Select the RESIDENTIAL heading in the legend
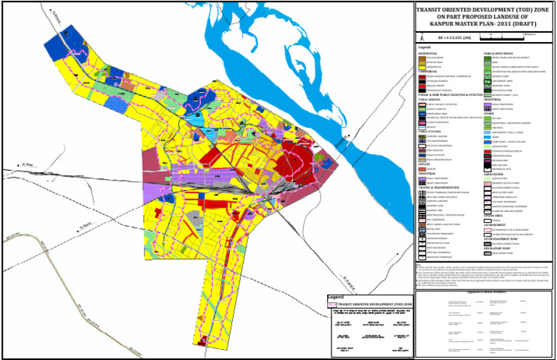(427, 54)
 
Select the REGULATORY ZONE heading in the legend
(500, 248)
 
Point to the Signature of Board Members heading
(485, 290)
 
